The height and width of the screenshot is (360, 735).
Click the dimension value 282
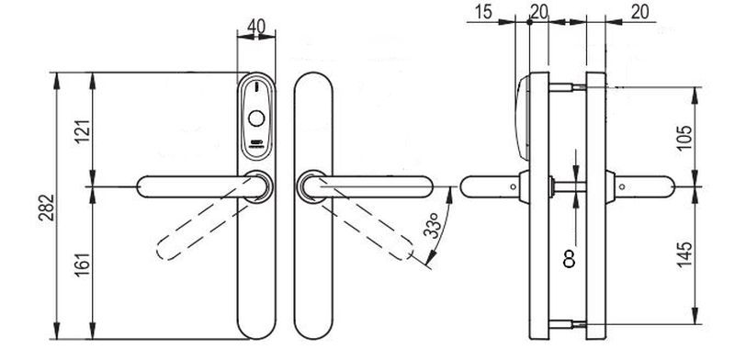pyautogui.click(x=47, y=208)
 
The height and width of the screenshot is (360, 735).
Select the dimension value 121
pyautogui.click(x=83, y=132)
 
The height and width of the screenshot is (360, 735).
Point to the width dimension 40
pyautogui.click(x=256, y=27)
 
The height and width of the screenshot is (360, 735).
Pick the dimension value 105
pyautogui.click(x=684, y=138)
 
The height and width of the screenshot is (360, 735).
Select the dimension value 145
pyautogui.click(x=684, y=254)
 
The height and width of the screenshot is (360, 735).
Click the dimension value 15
pyautogui.click(x=483, y=13)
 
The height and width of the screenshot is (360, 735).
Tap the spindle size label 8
pyautogui.click(x=569, y=259)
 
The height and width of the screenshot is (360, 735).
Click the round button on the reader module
pyautogui.click(x=256, y=118)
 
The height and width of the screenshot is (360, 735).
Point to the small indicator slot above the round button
pyautogui.click(x=256, y=87)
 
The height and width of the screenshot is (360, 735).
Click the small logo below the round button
pyautogui.click(x=256, y=143)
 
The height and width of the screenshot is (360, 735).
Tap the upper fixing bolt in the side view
pyautogui.click(x=567, y=87)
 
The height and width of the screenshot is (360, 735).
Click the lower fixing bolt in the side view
pyautogui.click(x=567, y=324)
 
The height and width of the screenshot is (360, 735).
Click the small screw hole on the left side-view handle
pyautogui.click(x=514, y=187)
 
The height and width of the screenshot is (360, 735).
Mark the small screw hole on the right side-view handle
pyautogui.click(x=622, y=187)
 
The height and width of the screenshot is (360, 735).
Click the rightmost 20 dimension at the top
pyautogui.click(x=639, y=13)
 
